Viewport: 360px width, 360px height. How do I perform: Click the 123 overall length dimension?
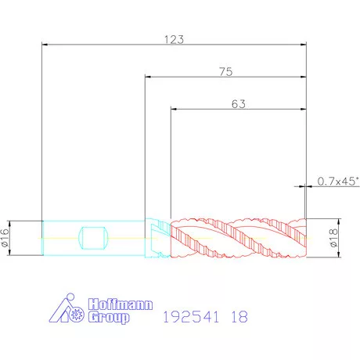point(174,40)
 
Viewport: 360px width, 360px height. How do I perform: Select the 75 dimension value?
point(226,72)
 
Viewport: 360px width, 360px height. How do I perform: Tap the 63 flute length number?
point(239,104)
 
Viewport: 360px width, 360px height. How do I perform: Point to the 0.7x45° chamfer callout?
point(338,181)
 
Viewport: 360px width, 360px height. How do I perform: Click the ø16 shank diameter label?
point(5,238)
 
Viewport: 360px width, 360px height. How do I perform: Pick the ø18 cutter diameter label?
point(333,238)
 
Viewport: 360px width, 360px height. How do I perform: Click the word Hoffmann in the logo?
point(121,304)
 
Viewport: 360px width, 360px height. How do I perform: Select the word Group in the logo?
point(109,317)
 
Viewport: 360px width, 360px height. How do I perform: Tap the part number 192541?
point(191,317)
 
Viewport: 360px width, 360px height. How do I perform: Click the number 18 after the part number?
point(239,317)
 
